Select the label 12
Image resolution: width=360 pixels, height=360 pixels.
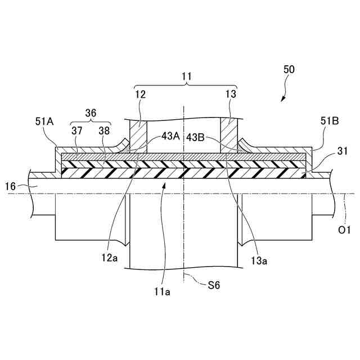tap(140, 94)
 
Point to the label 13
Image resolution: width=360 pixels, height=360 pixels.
tap(231, 94)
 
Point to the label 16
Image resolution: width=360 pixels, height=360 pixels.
tap(10, 185)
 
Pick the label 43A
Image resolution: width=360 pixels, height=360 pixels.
tap(170, 136)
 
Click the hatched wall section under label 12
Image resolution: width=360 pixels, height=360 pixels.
tap(138, 134)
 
